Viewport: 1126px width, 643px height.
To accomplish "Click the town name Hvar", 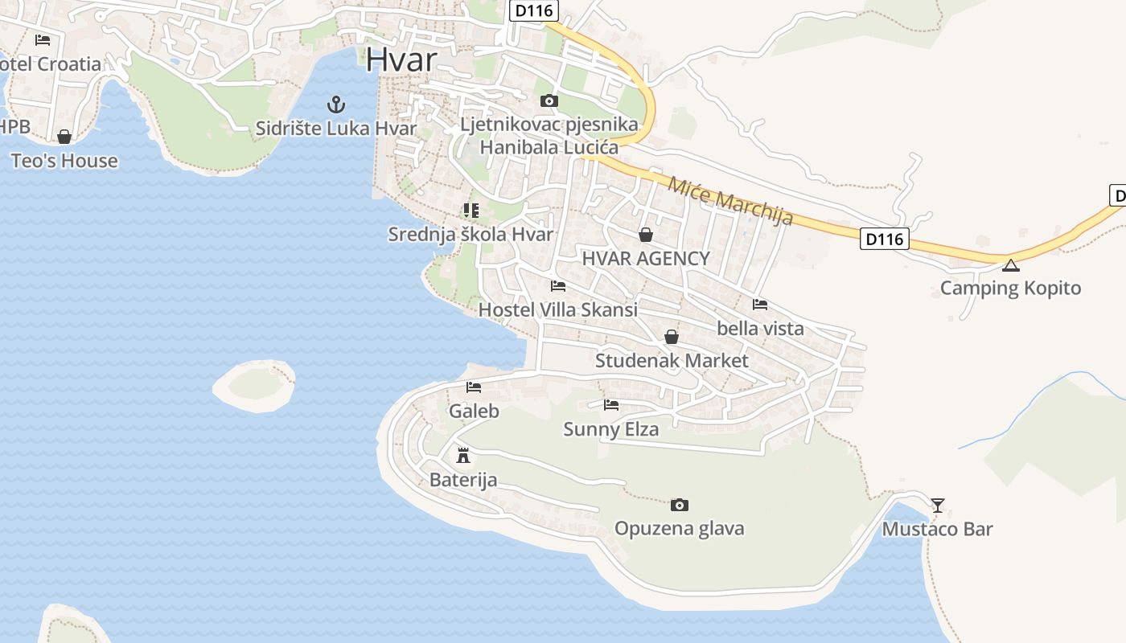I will pos(401,60).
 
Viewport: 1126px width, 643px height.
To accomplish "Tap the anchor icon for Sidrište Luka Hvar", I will pos(335,104).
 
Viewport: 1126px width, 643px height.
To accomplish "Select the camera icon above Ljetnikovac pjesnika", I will pos(549,100).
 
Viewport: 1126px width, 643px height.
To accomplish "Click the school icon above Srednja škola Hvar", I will pos(471,211).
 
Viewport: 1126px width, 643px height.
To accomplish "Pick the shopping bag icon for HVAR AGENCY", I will pos(645,235).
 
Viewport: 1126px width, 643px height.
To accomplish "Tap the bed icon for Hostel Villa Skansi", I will pos(557,286).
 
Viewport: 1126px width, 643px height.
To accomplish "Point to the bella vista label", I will pos(760,328).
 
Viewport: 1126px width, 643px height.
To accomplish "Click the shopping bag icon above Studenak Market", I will pos(672,337).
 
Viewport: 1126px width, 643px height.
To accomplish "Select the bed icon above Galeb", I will pos(474,387).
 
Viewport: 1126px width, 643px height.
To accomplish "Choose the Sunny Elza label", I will pos(610,429).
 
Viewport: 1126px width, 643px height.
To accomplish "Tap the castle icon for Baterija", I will pos(463,456).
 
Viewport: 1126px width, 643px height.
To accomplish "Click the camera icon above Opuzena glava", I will pos(680,505).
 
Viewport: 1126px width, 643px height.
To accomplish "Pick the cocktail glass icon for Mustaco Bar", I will pos(938,506).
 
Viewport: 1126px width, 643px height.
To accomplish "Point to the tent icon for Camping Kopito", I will pos(1011,265).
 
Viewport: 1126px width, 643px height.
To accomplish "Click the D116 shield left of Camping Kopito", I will pos(884,239).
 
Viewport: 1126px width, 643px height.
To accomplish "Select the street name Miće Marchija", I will pos(730,200).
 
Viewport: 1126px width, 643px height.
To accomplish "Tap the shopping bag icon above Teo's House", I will pos(64,137).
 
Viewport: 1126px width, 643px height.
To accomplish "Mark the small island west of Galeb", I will pos(254,386).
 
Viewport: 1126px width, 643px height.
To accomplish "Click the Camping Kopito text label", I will pos(1010,288).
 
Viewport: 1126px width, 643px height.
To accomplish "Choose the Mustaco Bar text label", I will pos(937,529).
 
